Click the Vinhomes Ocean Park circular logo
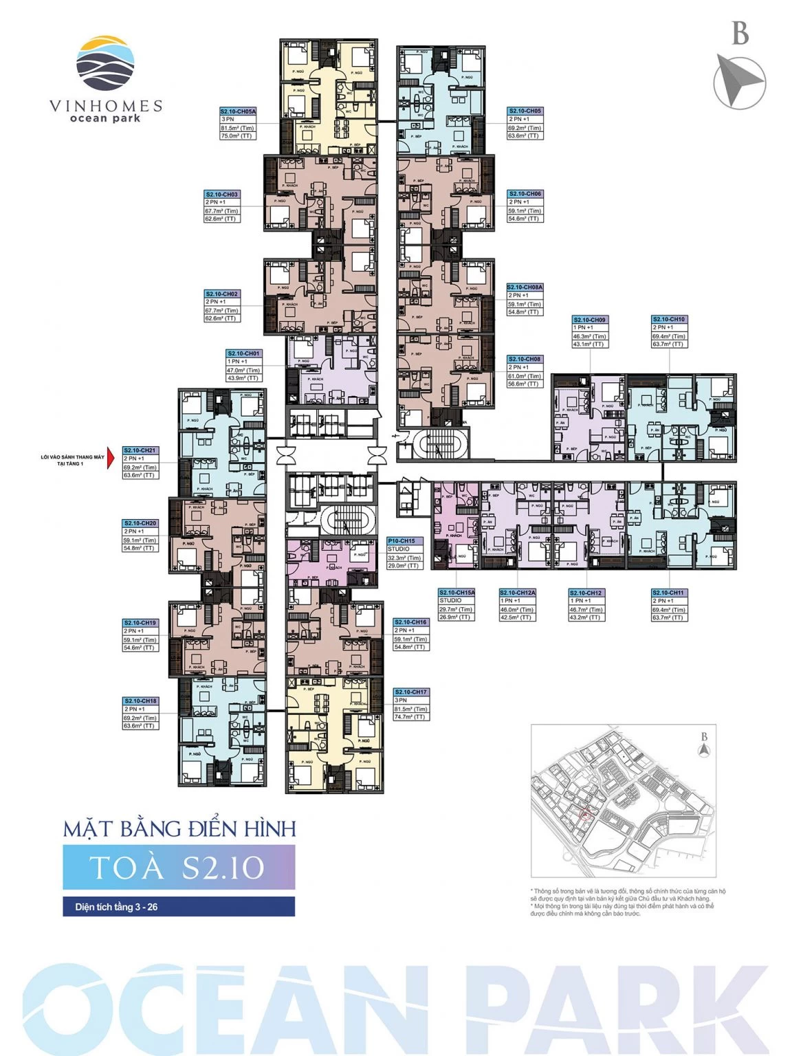[106, 63]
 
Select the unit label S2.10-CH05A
[238, 111]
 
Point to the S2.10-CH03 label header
[222, 195]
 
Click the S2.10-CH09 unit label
[590, 320]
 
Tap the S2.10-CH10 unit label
[669, 320]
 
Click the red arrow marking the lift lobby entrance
[109, 459]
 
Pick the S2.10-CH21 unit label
[140, 450]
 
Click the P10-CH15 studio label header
[404, 541]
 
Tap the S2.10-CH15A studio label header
[456, 593]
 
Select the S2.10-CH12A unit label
[517, 593]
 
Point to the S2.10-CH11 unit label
[669, 593]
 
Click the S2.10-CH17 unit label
[410, 692]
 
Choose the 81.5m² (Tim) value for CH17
[410, 709]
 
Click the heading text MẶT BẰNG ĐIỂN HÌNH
[179, 828]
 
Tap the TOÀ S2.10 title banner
[179, 867]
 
